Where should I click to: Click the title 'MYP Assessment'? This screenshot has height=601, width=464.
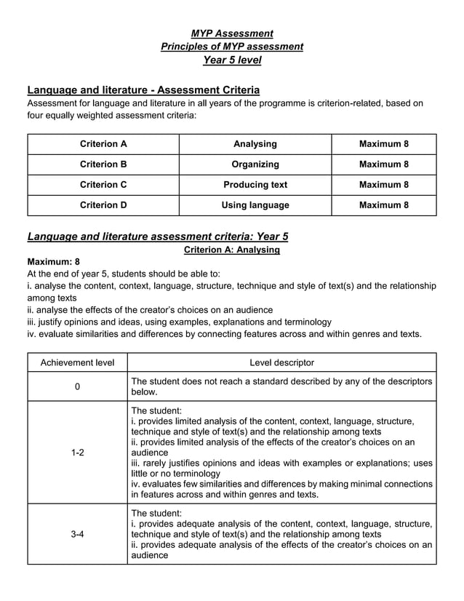click(232, 33)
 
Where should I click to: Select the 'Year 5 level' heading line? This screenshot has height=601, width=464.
click(232, 60)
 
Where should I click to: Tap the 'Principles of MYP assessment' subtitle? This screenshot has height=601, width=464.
click(232, 47)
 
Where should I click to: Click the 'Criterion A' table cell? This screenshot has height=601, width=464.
click(103, 144)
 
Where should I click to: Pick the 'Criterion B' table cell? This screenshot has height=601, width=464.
click(103, 164)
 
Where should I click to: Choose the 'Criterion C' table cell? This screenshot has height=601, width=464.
click(103, 185)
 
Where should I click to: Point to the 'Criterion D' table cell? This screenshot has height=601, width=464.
click(103, 205)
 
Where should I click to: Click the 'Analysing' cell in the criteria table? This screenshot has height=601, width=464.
click(255, 144)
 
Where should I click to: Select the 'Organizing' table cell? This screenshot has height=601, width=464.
click(255, 164)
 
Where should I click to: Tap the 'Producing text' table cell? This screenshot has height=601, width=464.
click(255, 185)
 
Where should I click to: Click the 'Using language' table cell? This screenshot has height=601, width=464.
click(255, 205)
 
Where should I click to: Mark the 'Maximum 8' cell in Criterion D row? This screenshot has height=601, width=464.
click(383, 205)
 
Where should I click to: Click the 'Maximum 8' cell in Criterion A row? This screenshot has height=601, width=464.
click(383, 144)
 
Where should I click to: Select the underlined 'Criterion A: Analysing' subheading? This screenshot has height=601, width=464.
click(232, 250)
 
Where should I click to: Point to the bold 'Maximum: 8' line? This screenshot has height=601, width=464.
click(53, 261)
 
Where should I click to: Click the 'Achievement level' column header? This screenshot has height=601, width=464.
click(77, 362)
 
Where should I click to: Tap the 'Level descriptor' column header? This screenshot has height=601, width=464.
click(281, 362)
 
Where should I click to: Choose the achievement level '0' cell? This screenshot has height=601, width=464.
click(77, 386)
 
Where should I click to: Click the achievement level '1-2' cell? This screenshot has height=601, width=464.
click(77, 453)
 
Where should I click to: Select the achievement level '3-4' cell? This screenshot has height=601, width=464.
click(77, 534)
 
